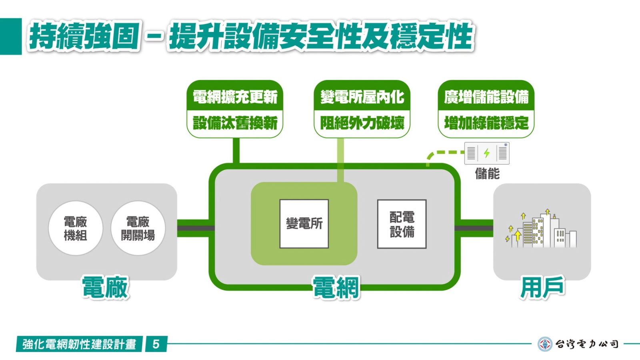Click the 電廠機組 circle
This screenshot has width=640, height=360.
pyautogui.click(x=76, y=228)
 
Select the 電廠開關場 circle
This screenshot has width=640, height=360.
pyautogui.click(x=138, y=228)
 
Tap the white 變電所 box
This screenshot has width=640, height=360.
pyautogui.click(x=304, y=224)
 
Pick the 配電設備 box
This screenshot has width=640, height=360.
pyautogui.click(x=402, y=224)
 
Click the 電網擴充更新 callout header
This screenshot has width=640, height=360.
pyautogui.click(x=235, y=96)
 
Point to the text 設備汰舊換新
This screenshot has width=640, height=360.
pyautogui.click(x=235, y=123)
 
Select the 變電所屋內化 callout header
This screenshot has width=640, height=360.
pyautogui.click(x=362, y=96)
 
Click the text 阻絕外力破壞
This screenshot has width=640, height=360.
pyautogui.click(x=362, y=123)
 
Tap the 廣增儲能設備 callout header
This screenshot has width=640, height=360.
pyautogui.click(x=486, y=96)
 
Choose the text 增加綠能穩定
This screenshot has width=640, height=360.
pyautogui.click(x=486, y=123)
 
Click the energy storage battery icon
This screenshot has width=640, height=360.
pyautogui.click(x=487, y=154)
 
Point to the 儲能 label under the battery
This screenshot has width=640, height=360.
pyautogui.click(x=488, y=174)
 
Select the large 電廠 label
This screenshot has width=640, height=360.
pyautogui.click(x=105, y=287)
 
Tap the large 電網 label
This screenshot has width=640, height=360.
pyautogui.click(x=336, y=287)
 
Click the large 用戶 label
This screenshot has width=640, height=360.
pyautogui.click(x=542, y=287)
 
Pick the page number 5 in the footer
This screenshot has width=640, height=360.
pyautogui.click(x=156, y=344)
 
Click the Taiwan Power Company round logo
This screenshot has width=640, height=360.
pyautogui.click(x=545, y=344)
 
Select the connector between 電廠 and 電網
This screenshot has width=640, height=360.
pyautogui.click(x=196, y=228)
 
